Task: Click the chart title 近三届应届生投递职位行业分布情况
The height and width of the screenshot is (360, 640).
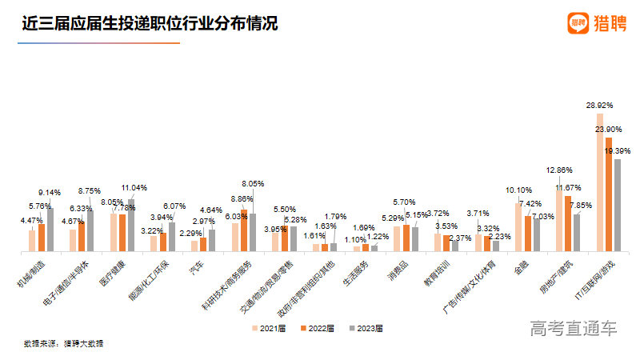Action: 150,24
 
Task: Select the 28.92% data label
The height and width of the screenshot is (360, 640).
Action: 601,106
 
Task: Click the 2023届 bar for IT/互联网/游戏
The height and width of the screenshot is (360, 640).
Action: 617,205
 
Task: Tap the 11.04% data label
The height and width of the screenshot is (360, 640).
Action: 134,186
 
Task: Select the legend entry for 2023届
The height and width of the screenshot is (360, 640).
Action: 366,328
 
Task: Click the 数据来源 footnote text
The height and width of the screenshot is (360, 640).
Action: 63,343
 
